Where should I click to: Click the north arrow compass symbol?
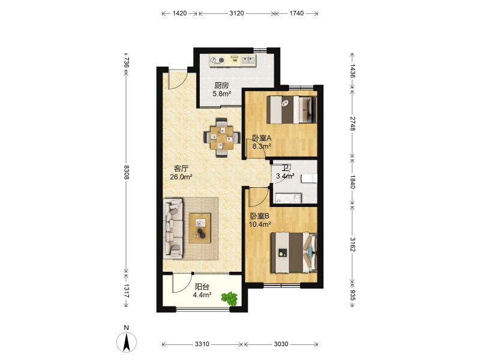(x=126, y=341)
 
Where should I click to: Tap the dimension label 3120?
(x=236, y=13)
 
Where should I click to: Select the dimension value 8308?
(x=127, y=172)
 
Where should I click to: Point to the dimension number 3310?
(x=202, y=344)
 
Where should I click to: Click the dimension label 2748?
(x=352, y=124)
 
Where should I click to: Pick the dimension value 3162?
(x=352, y=244)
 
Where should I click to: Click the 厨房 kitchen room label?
(x=221, y=85)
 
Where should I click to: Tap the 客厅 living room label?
(x=181, y=169)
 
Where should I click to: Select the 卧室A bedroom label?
(x=262, y=138)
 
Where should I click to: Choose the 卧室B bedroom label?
(x=260, y=216)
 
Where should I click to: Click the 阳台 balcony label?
(x=202, y=287)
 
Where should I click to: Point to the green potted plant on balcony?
(x=230, y=298)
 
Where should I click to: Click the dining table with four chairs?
(x=221, y=137)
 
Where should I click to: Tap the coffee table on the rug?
(x=200, y=228)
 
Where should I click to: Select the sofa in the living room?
(x=173, y=229)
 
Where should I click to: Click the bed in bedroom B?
(x=293, y=253)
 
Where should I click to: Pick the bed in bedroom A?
(x=292, y=110)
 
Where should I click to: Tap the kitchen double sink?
(x=248, y=59)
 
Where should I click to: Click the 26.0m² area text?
(x=181, y=176)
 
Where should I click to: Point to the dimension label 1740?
(x=296, y=13)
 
